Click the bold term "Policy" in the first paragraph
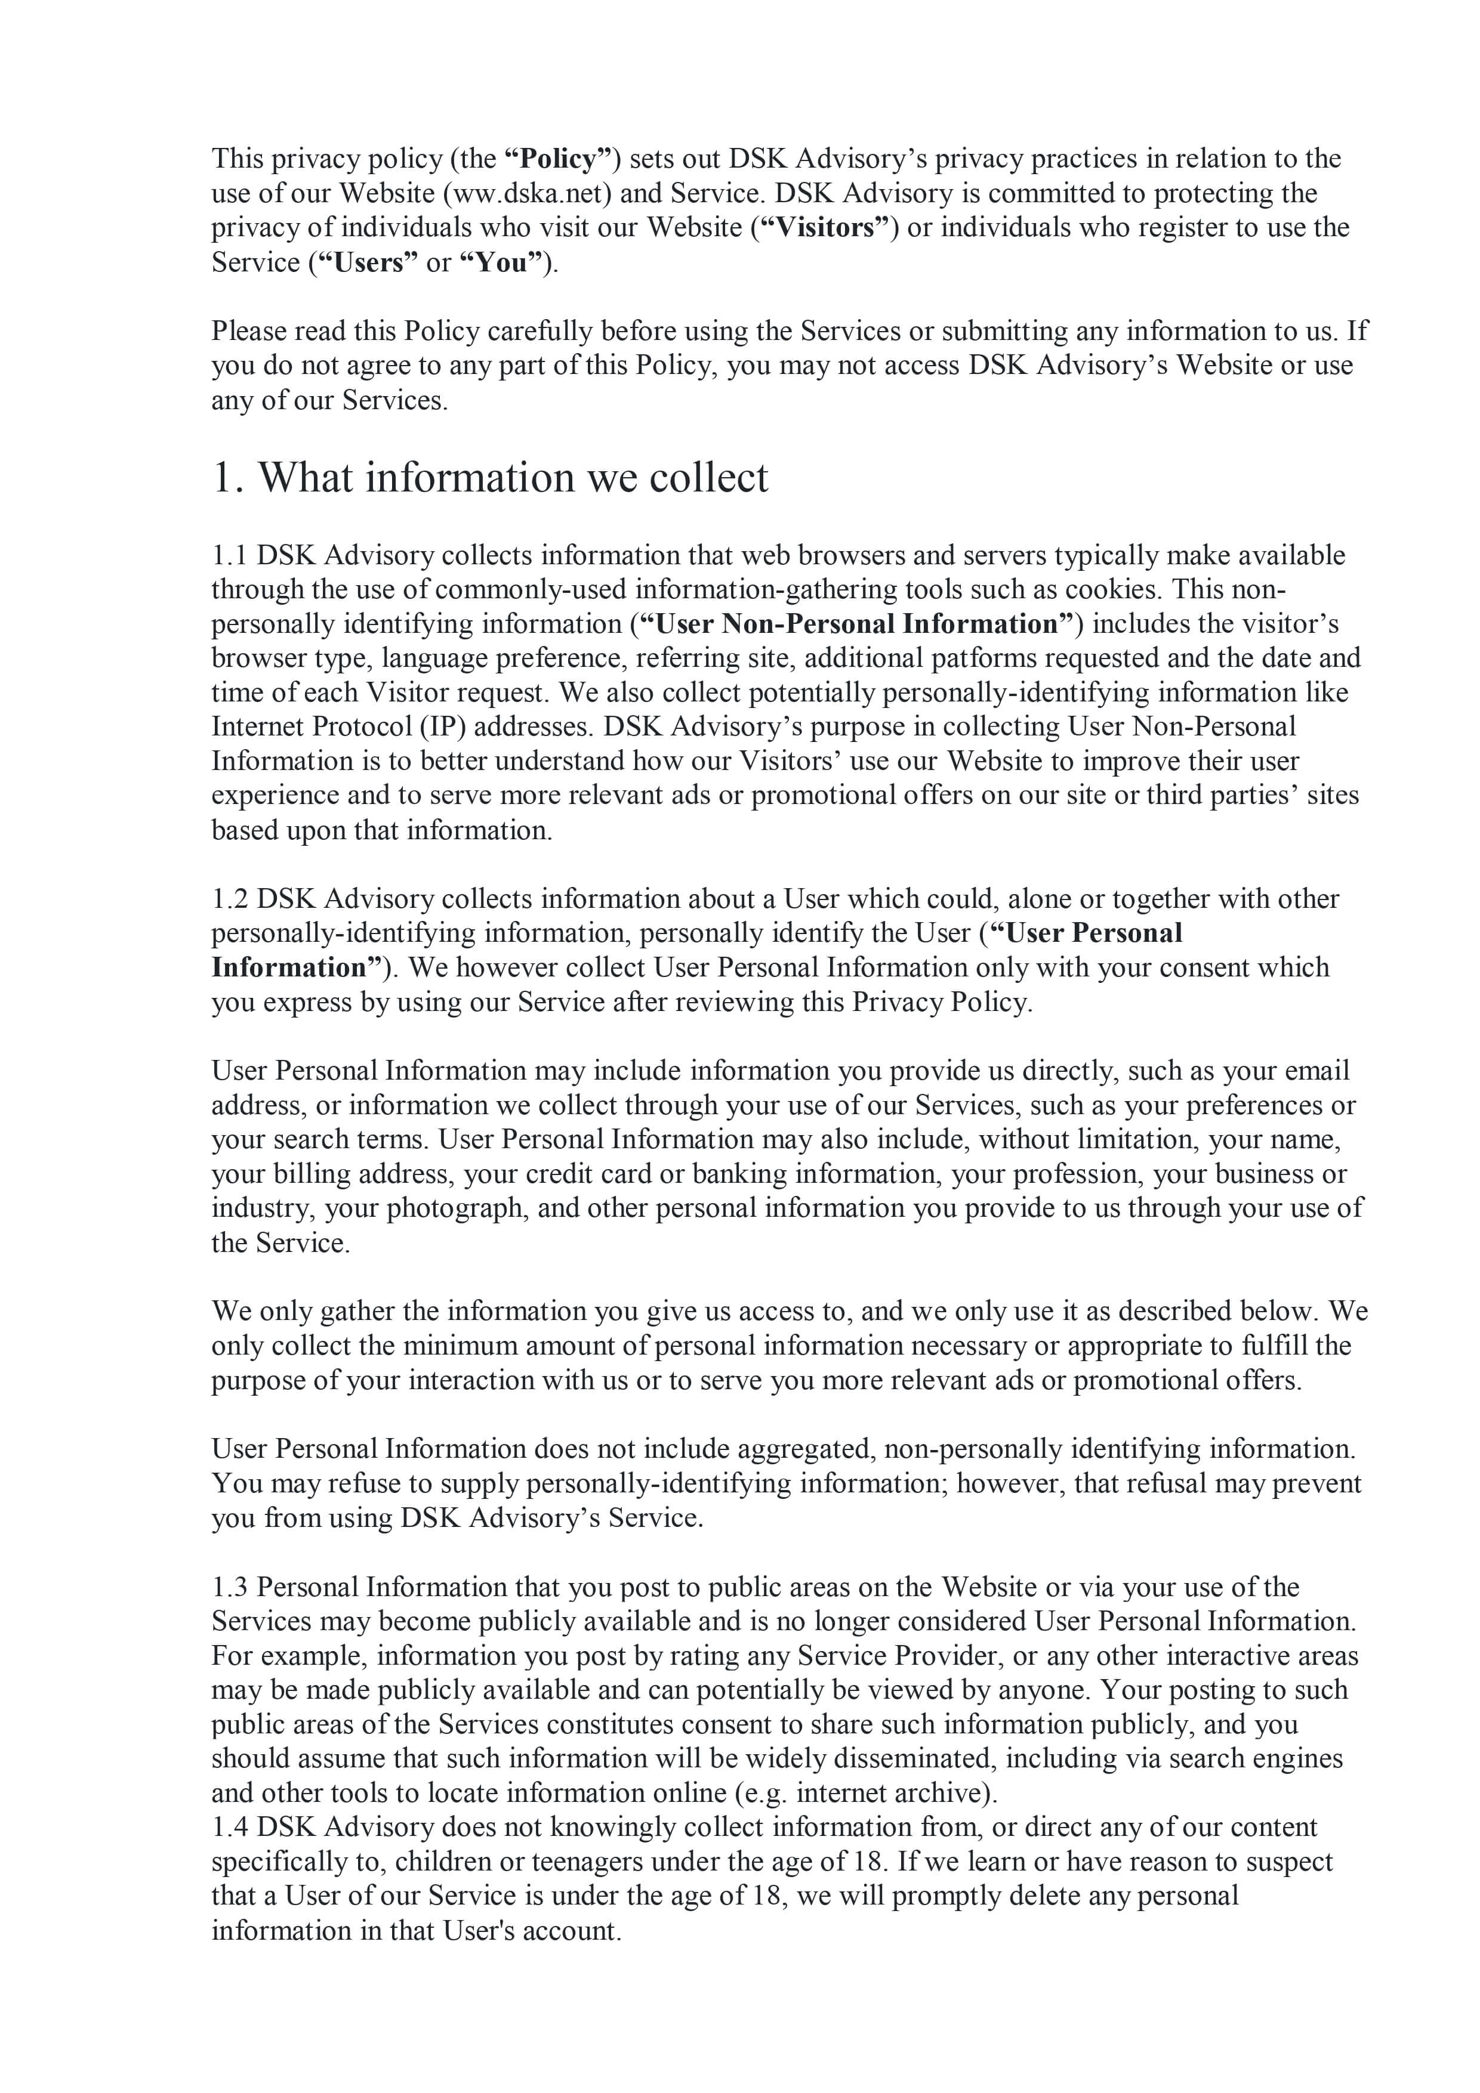click(x=558, y=159)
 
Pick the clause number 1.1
click(x=229, y=555)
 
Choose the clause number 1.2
click(x=230, y=899)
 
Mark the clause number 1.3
click(x=230, y=1587)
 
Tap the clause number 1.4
click(x=230, y=1827)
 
